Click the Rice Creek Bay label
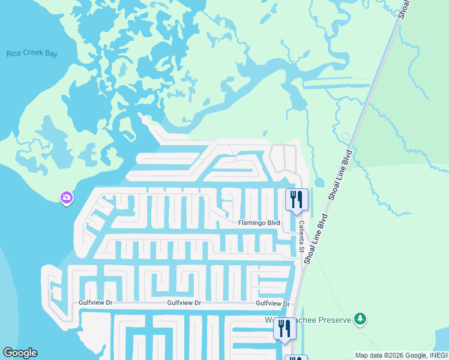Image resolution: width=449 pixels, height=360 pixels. [x=32, y=54]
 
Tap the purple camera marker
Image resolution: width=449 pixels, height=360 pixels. [x=67, y=197]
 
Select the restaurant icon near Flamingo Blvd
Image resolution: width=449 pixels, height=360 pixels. [x=296, y=199]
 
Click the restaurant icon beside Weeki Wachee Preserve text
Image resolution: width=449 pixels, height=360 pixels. [x=284, y=328]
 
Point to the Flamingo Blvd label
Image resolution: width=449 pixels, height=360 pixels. [x=259, y=223]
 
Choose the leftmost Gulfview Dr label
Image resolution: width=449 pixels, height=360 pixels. [x=96, y=303]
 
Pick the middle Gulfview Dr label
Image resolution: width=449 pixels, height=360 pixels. [x=184, y=304]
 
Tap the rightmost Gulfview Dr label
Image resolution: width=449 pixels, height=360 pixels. [x=273, y=304]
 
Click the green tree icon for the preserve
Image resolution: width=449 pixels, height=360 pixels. [x=360, y=319]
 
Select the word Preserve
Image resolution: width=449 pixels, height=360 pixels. [x=334, y=320]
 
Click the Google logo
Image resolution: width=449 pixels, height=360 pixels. [x=20, y=353]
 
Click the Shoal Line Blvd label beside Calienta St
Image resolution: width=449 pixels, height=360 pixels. [x=316, y=237]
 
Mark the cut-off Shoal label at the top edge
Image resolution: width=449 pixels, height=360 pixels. [x=404, y=8]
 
